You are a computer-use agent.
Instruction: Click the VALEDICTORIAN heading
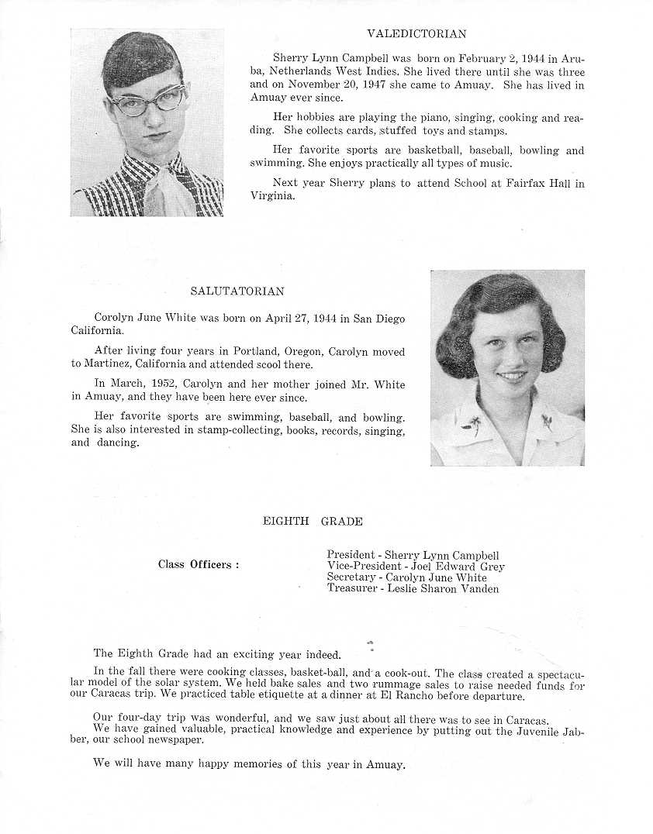click(x=416, y=34)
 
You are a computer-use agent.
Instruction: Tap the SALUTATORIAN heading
click(x=237, y=291)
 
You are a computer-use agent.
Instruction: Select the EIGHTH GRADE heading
click(x=313, y=522)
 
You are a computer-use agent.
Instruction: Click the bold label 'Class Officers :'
click(x=199, y=564)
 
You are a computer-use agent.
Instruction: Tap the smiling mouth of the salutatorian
click(x=511, y=376)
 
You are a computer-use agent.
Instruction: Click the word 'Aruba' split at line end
click(x=574, y=58)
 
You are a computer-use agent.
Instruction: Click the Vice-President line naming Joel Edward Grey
click(x=416, y=567)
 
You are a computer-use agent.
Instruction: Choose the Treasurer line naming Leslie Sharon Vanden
click(x=413, y=588)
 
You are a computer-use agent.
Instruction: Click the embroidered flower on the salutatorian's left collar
click(x=472, y=423)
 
